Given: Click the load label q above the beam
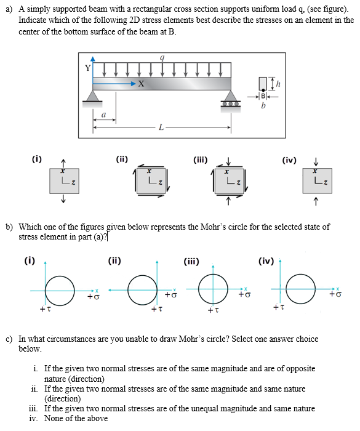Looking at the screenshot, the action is [162, 58].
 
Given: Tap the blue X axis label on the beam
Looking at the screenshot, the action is [141, 84].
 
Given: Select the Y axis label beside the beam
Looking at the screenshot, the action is [87, 68].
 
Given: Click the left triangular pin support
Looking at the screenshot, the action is [92, 96].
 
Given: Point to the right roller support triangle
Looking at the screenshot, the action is [231, 96].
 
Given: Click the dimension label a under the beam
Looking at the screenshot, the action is [103, 115].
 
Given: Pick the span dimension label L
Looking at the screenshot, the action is [161, 127].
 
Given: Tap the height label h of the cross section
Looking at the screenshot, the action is [278, 84].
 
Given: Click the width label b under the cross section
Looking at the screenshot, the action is [263, 105].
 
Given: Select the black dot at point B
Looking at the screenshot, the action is [263, 90].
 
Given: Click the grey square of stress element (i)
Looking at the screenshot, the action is [64, 181].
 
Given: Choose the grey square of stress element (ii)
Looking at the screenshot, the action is [151, 181].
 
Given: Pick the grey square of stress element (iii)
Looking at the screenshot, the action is [229, 181].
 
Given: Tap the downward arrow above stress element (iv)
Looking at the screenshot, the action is [316, 161].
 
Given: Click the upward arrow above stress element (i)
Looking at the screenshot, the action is [63, 163].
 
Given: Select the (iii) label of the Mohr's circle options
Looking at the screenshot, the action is [191, 261].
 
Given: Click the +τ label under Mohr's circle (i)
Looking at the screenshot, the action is [46, 309].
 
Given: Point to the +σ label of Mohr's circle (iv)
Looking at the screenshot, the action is [335, 294].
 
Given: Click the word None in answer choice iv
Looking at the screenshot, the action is [54, 418].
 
